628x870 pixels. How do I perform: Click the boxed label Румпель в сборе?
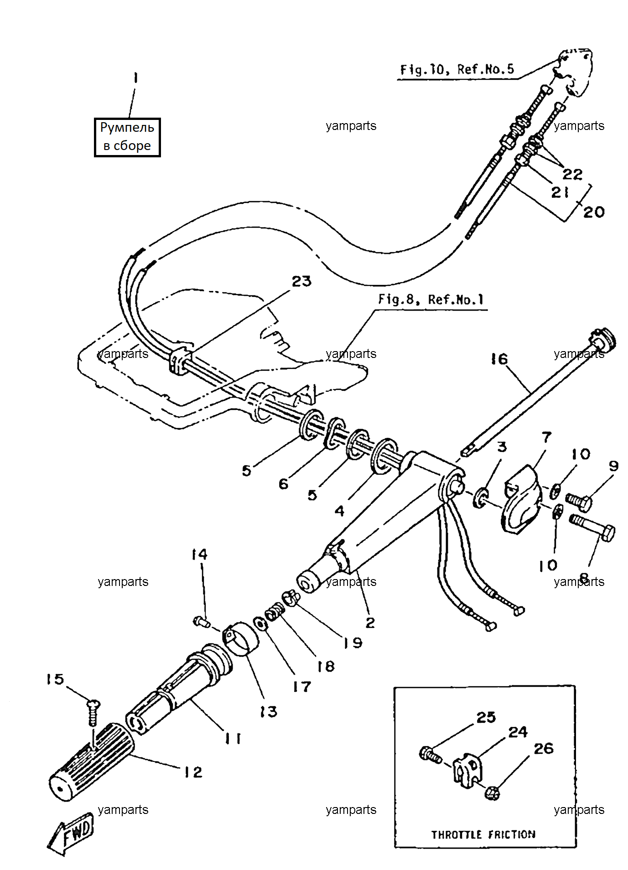click(x=127, y=137)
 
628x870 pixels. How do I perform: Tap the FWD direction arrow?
click(x=71, y=834)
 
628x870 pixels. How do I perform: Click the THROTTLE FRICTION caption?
click(x=483, y=834)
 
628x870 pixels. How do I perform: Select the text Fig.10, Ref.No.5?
click(x=457, y=69)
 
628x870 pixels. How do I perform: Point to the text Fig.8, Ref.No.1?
click(x=431, y=300)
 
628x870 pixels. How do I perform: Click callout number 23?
click(x=301, y=281)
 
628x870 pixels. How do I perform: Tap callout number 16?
click(x=499, y=359)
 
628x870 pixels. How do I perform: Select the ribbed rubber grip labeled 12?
click(x=91, y=761)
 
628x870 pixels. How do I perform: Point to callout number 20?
click(x=594, y=212)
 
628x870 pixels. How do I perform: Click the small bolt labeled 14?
click(x=201, y=621)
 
